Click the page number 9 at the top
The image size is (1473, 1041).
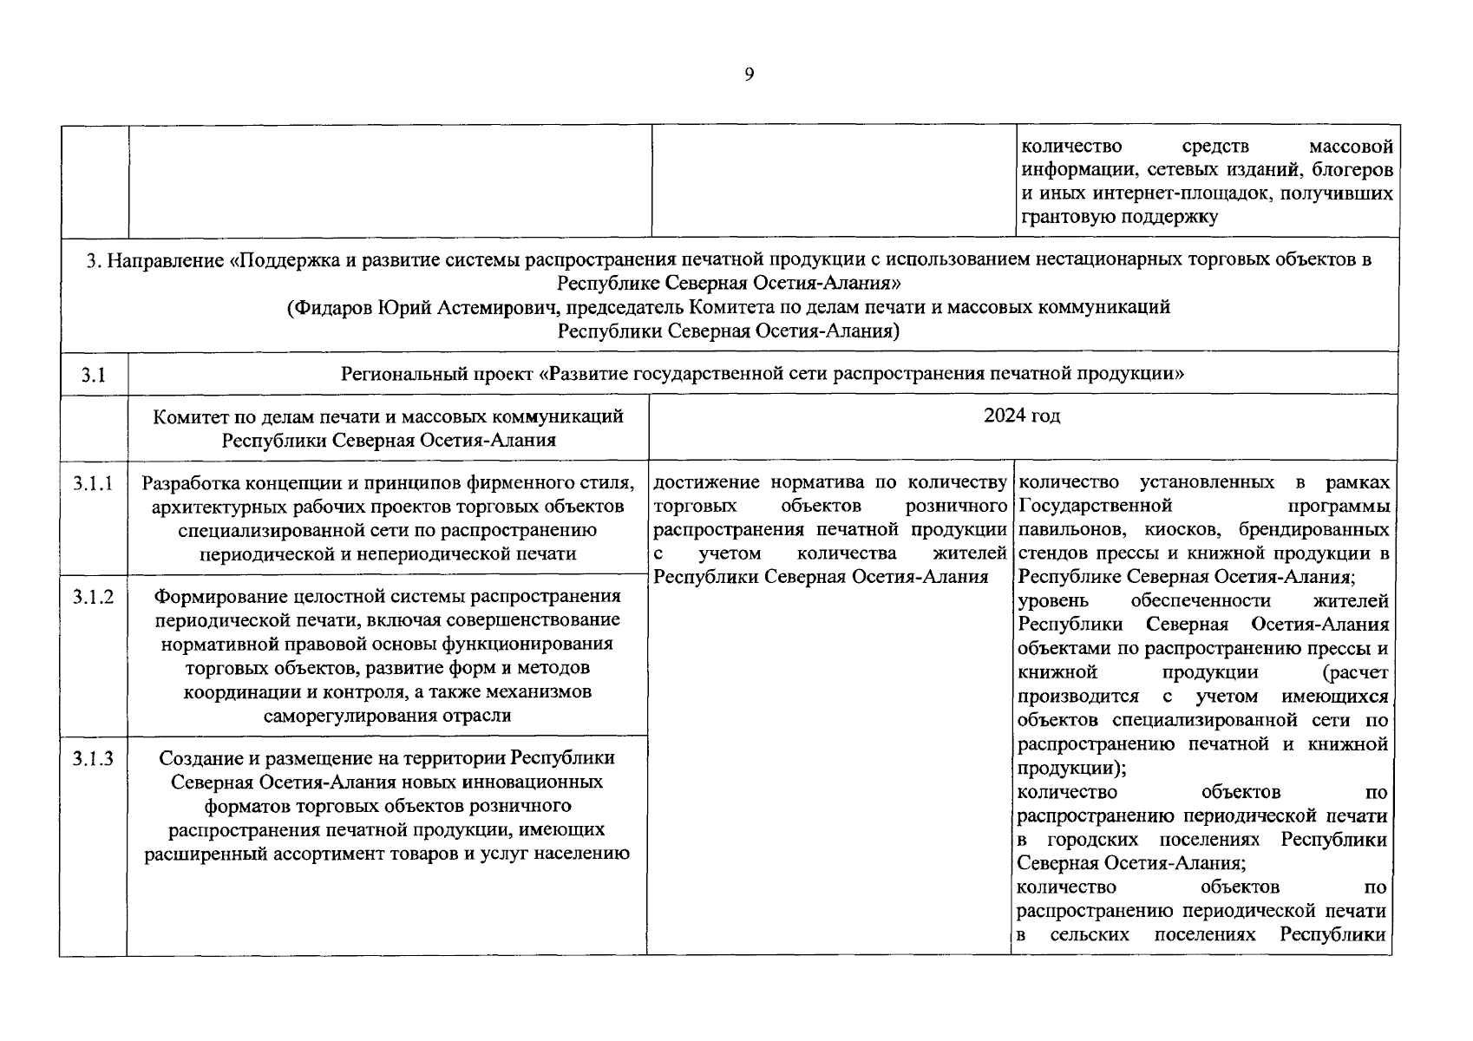tap(749, 75)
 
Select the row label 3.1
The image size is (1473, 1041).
tap(93, 375)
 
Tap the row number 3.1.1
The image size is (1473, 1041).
tap(93, 484)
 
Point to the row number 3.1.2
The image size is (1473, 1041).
tap(93, 597)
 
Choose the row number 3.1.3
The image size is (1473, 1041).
tap(93, 759)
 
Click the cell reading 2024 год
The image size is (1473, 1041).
tap(1022, 416)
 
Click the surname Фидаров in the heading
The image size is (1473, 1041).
tap(334, 307)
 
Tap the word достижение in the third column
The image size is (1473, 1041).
tap(704, 482)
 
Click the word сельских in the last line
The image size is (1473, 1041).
tap(1090, 935)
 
